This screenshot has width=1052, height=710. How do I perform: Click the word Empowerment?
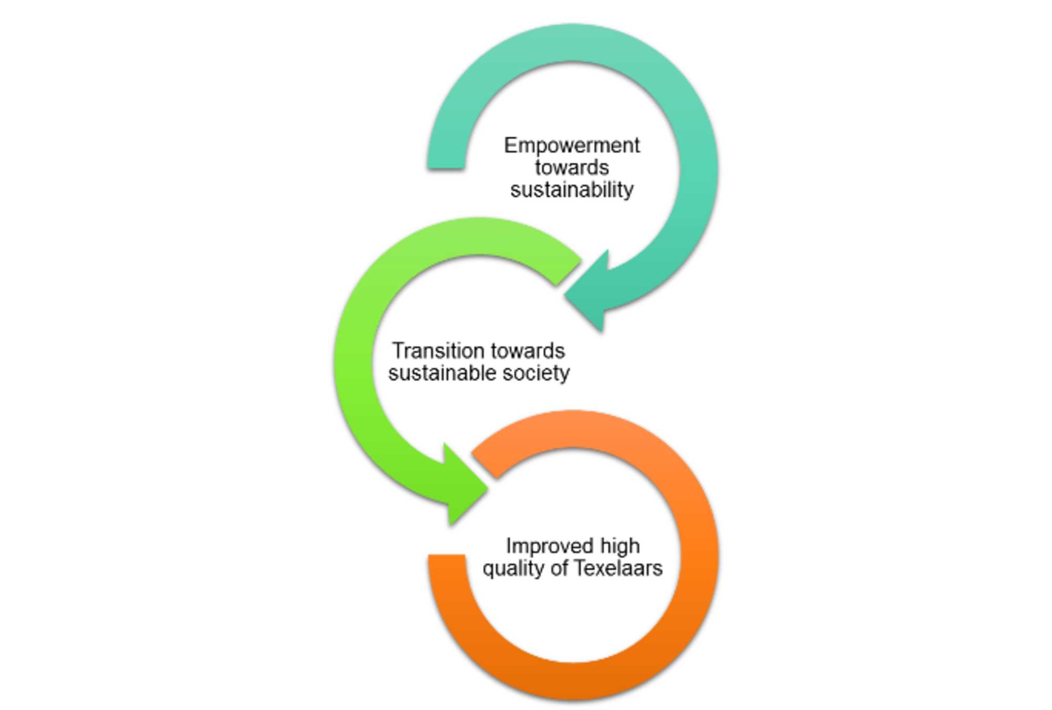572,146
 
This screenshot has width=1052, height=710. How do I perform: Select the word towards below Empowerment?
572,168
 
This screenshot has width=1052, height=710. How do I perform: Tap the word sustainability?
572,190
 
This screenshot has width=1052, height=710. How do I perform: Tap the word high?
620,546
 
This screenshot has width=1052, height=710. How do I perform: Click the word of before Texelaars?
560,568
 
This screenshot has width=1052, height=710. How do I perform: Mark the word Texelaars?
618,568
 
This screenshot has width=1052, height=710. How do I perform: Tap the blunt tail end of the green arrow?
568,272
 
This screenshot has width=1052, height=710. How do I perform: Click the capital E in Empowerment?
510,146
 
